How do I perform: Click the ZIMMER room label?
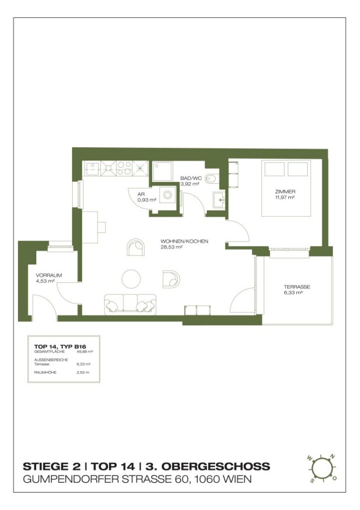pos(285,191)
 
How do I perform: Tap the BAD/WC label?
pos(190,177)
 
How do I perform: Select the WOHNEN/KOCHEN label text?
pos(184,241)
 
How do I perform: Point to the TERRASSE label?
pos(297,287)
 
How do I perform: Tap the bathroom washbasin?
pos(219,201)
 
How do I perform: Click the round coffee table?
pos(132,278)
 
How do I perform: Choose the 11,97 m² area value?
pos(284,198)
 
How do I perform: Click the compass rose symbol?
pos(322,468)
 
